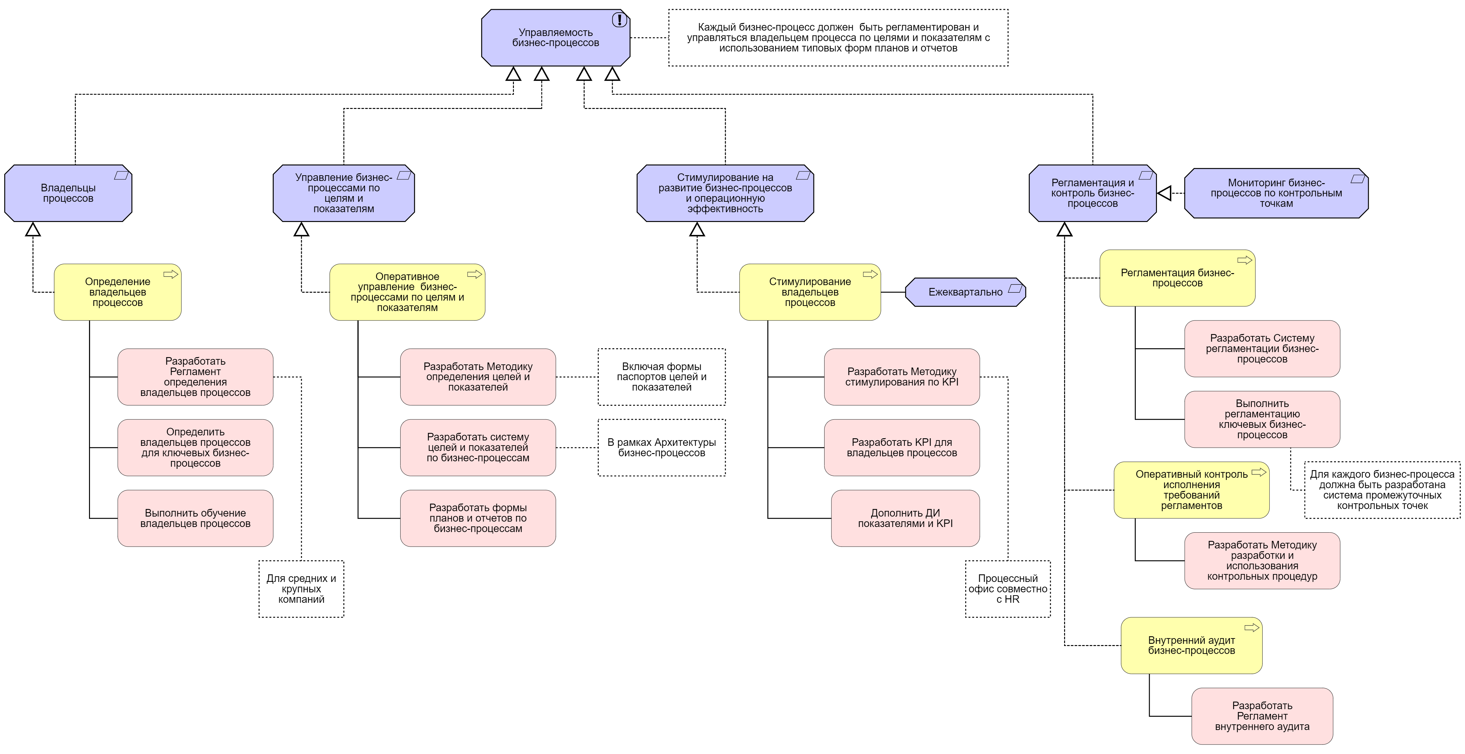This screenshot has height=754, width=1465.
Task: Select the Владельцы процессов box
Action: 68,193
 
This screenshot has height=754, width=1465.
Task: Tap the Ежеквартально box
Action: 965,292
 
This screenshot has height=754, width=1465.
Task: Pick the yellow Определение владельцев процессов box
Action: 118,292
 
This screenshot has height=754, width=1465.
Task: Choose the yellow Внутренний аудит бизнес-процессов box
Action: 1191,645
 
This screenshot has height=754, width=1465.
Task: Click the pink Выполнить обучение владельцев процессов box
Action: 195,518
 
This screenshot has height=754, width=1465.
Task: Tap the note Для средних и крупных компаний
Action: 301,589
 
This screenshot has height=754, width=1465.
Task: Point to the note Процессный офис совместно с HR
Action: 1008,589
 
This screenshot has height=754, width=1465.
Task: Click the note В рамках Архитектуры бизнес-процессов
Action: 661,447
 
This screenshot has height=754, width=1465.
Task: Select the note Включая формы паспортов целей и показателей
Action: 661,377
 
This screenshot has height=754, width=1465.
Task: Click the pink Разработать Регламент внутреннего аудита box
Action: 1262,716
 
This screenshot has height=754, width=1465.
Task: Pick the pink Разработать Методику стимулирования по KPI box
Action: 902,377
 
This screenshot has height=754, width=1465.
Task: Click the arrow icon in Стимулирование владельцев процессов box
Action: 870,274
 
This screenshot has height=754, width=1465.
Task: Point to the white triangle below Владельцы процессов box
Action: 33,230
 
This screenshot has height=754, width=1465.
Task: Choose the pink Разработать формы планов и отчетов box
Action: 478,518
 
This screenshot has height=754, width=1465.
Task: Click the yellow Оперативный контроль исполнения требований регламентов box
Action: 1191,490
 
